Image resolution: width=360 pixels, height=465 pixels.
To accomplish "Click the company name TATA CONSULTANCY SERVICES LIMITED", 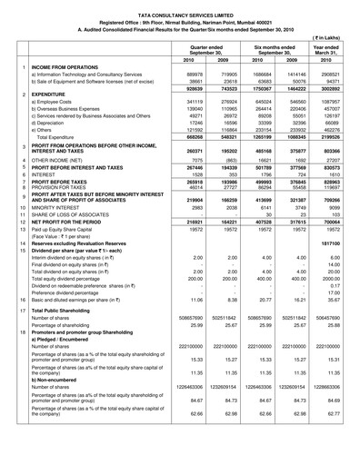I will click(x=179, y=6).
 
